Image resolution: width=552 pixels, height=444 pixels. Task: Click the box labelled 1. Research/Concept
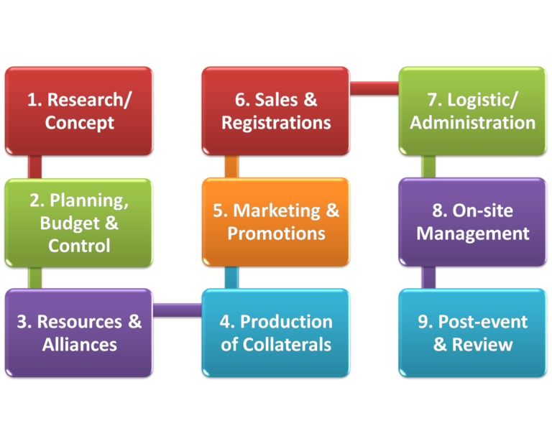[79, 111]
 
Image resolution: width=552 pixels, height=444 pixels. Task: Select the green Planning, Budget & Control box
[79, 223]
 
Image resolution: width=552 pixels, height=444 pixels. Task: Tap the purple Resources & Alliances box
[79, 333]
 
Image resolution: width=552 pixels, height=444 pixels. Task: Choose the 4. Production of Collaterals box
[276, 333]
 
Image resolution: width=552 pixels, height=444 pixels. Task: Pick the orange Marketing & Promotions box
[276, 222]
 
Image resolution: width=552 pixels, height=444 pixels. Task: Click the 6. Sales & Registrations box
[276, 111]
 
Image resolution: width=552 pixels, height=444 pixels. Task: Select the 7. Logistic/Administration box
[472, 111]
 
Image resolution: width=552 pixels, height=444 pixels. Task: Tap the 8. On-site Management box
[472, 222]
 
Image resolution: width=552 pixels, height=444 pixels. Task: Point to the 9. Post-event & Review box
[472, 333]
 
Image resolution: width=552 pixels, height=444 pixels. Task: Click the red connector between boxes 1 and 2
[34, 167]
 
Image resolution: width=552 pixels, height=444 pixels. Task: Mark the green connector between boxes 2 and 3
[34, 277]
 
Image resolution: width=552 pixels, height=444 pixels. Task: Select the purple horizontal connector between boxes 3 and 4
[178, 310]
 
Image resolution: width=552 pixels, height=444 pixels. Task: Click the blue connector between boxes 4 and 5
[231, 277]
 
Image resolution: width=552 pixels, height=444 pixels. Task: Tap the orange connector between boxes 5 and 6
[231, 167]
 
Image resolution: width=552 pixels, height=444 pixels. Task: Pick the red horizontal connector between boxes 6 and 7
[374, 88]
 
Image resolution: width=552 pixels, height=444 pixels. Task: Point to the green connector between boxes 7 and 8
[428, 167]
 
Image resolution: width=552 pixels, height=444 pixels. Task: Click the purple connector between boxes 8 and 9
[428, 277]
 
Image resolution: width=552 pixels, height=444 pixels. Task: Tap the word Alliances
[79, 344]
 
